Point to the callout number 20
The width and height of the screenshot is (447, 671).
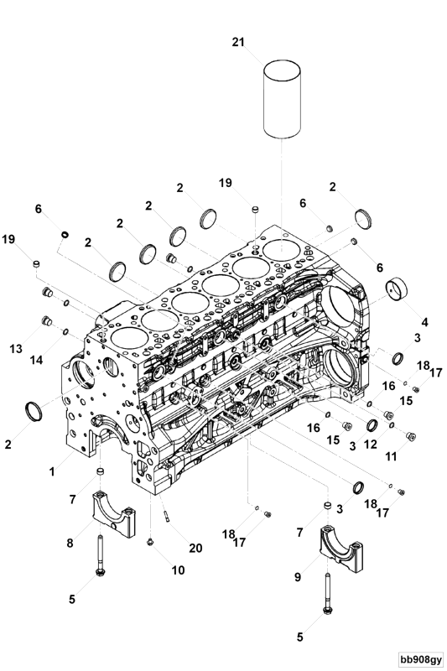click(x=195, y=549)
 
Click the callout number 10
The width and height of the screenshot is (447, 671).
click(x=178, y=570)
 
